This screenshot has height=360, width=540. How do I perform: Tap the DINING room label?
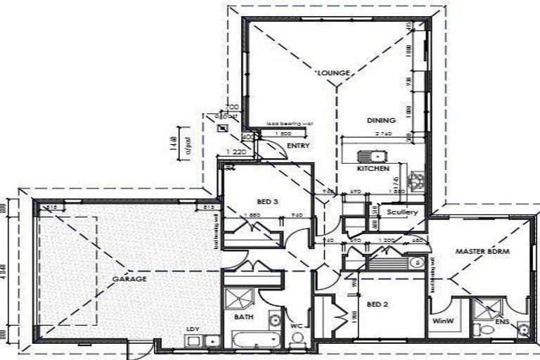[x=381, y=120]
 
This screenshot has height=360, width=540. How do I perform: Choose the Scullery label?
[x=402, y=212]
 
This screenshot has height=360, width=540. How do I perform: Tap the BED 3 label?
[x=267, y=201]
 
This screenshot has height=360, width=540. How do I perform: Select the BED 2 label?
[x=378, y=304]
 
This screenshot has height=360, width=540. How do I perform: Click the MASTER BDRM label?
[x=482, y=250]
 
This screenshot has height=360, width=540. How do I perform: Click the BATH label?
[x=244, y=317]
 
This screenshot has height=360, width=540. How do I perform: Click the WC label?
[x=297, y=326]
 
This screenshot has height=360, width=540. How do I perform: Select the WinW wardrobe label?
[x=442, y=323]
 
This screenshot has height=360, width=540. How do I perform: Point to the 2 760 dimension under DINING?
[x=384, y=133]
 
